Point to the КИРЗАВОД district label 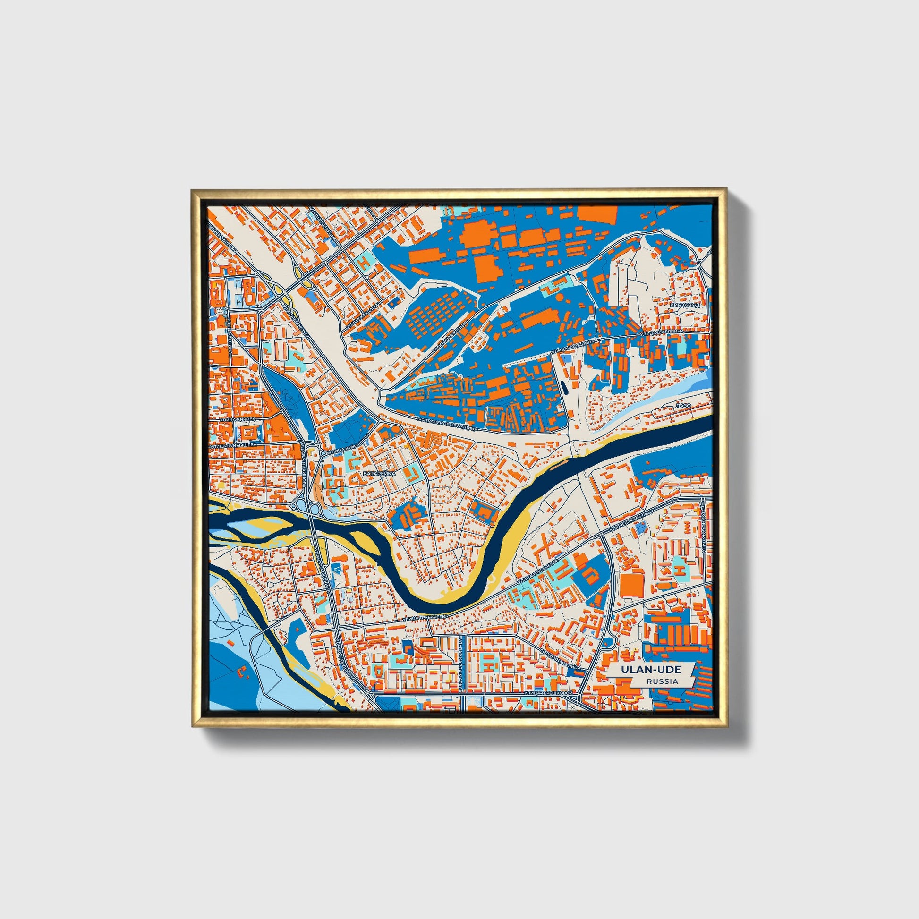[x=684, y=305]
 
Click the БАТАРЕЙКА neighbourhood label [x=379, y=474]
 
